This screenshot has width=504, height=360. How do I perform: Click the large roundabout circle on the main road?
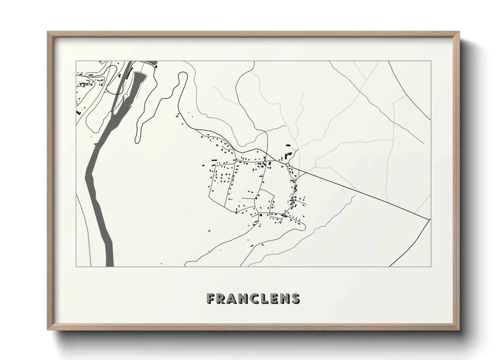[288, 165]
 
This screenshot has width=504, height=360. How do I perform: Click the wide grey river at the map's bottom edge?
[109, 259]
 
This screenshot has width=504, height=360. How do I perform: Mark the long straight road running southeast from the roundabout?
[358, 191]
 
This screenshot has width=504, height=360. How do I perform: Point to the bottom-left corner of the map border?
[76, 266]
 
